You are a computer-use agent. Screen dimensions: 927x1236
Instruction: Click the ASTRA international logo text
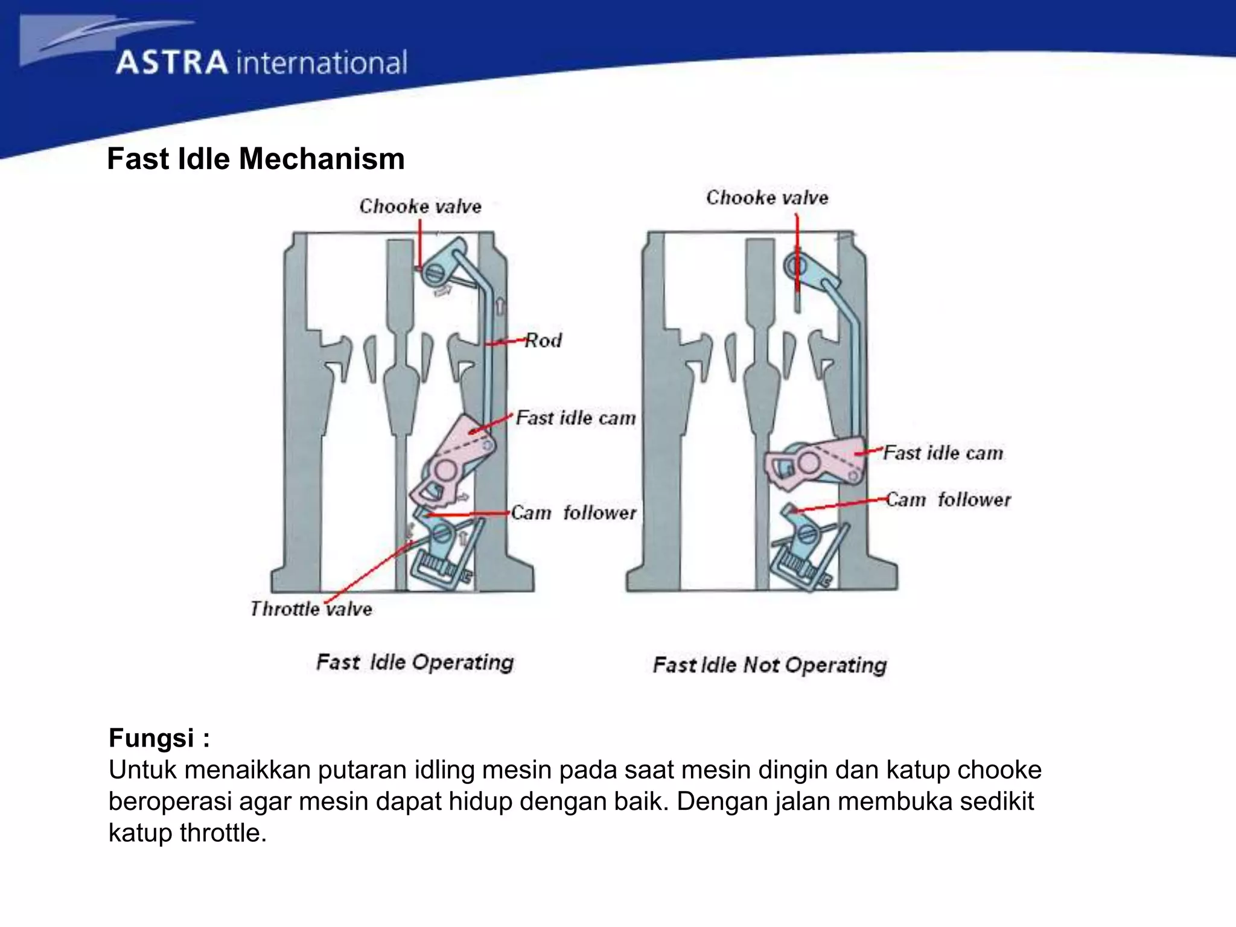[261, 63]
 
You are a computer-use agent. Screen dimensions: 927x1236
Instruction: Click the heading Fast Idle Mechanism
[255, 159]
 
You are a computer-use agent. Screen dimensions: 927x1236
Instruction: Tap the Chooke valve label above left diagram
[420, 206]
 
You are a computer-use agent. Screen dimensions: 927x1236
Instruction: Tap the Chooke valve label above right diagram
[767, 197]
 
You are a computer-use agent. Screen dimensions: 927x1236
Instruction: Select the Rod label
[543, 340]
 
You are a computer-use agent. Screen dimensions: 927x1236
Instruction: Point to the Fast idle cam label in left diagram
[576, 418]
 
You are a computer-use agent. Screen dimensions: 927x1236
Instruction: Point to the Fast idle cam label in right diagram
[943, 453]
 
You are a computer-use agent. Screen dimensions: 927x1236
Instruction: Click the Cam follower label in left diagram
[573, 513]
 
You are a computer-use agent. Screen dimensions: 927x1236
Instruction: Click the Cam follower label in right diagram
[948, 500]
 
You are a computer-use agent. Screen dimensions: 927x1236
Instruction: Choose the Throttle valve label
[311, 608]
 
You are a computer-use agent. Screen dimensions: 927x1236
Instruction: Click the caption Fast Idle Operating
[415, 662]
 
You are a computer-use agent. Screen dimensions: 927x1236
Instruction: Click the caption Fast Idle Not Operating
[769, 665]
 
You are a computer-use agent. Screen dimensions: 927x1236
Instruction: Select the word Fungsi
[151, 738]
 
